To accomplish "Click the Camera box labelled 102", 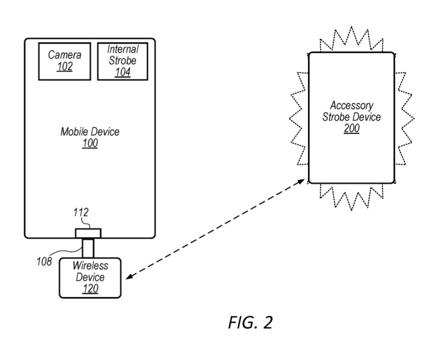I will point(65,61).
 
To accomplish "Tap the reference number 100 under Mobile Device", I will point(90,144).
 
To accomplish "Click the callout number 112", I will point(81,213).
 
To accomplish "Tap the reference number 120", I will point(91,289).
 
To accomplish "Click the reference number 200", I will point(352,129).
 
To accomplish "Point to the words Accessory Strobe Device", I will point(352,112).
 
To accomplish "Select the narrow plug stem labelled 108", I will point(88,247).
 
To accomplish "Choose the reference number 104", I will point(123,72).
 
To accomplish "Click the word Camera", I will point(65,55).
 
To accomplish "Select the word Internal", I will point(123,49).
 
